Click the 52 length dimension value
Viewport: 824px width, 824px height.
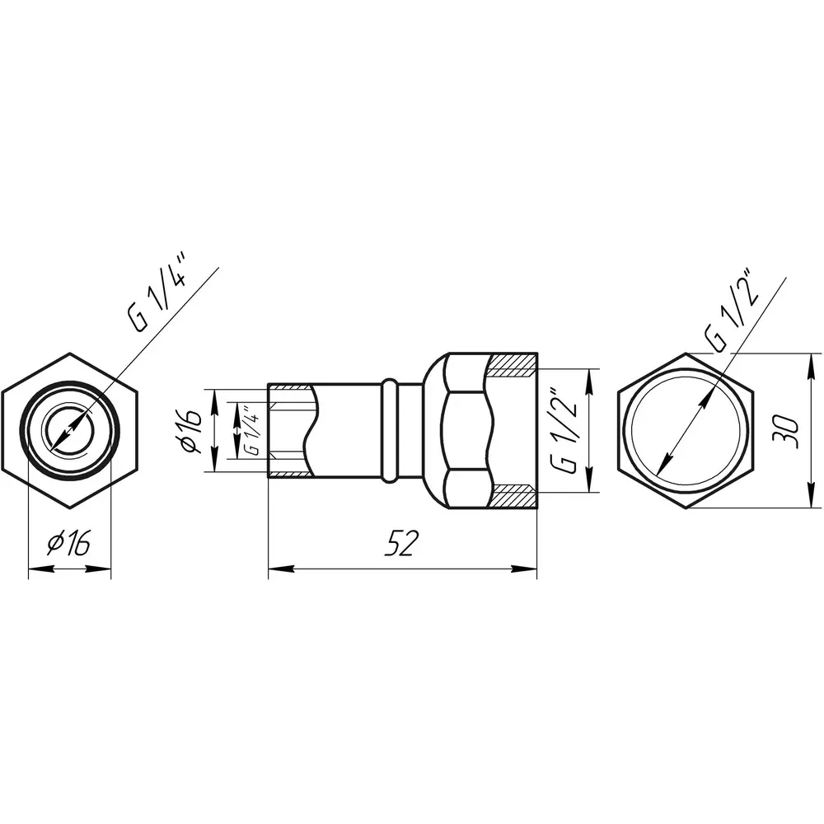point(402,543)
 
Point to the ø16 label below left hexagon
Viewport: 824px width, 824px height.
point(69,543)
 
